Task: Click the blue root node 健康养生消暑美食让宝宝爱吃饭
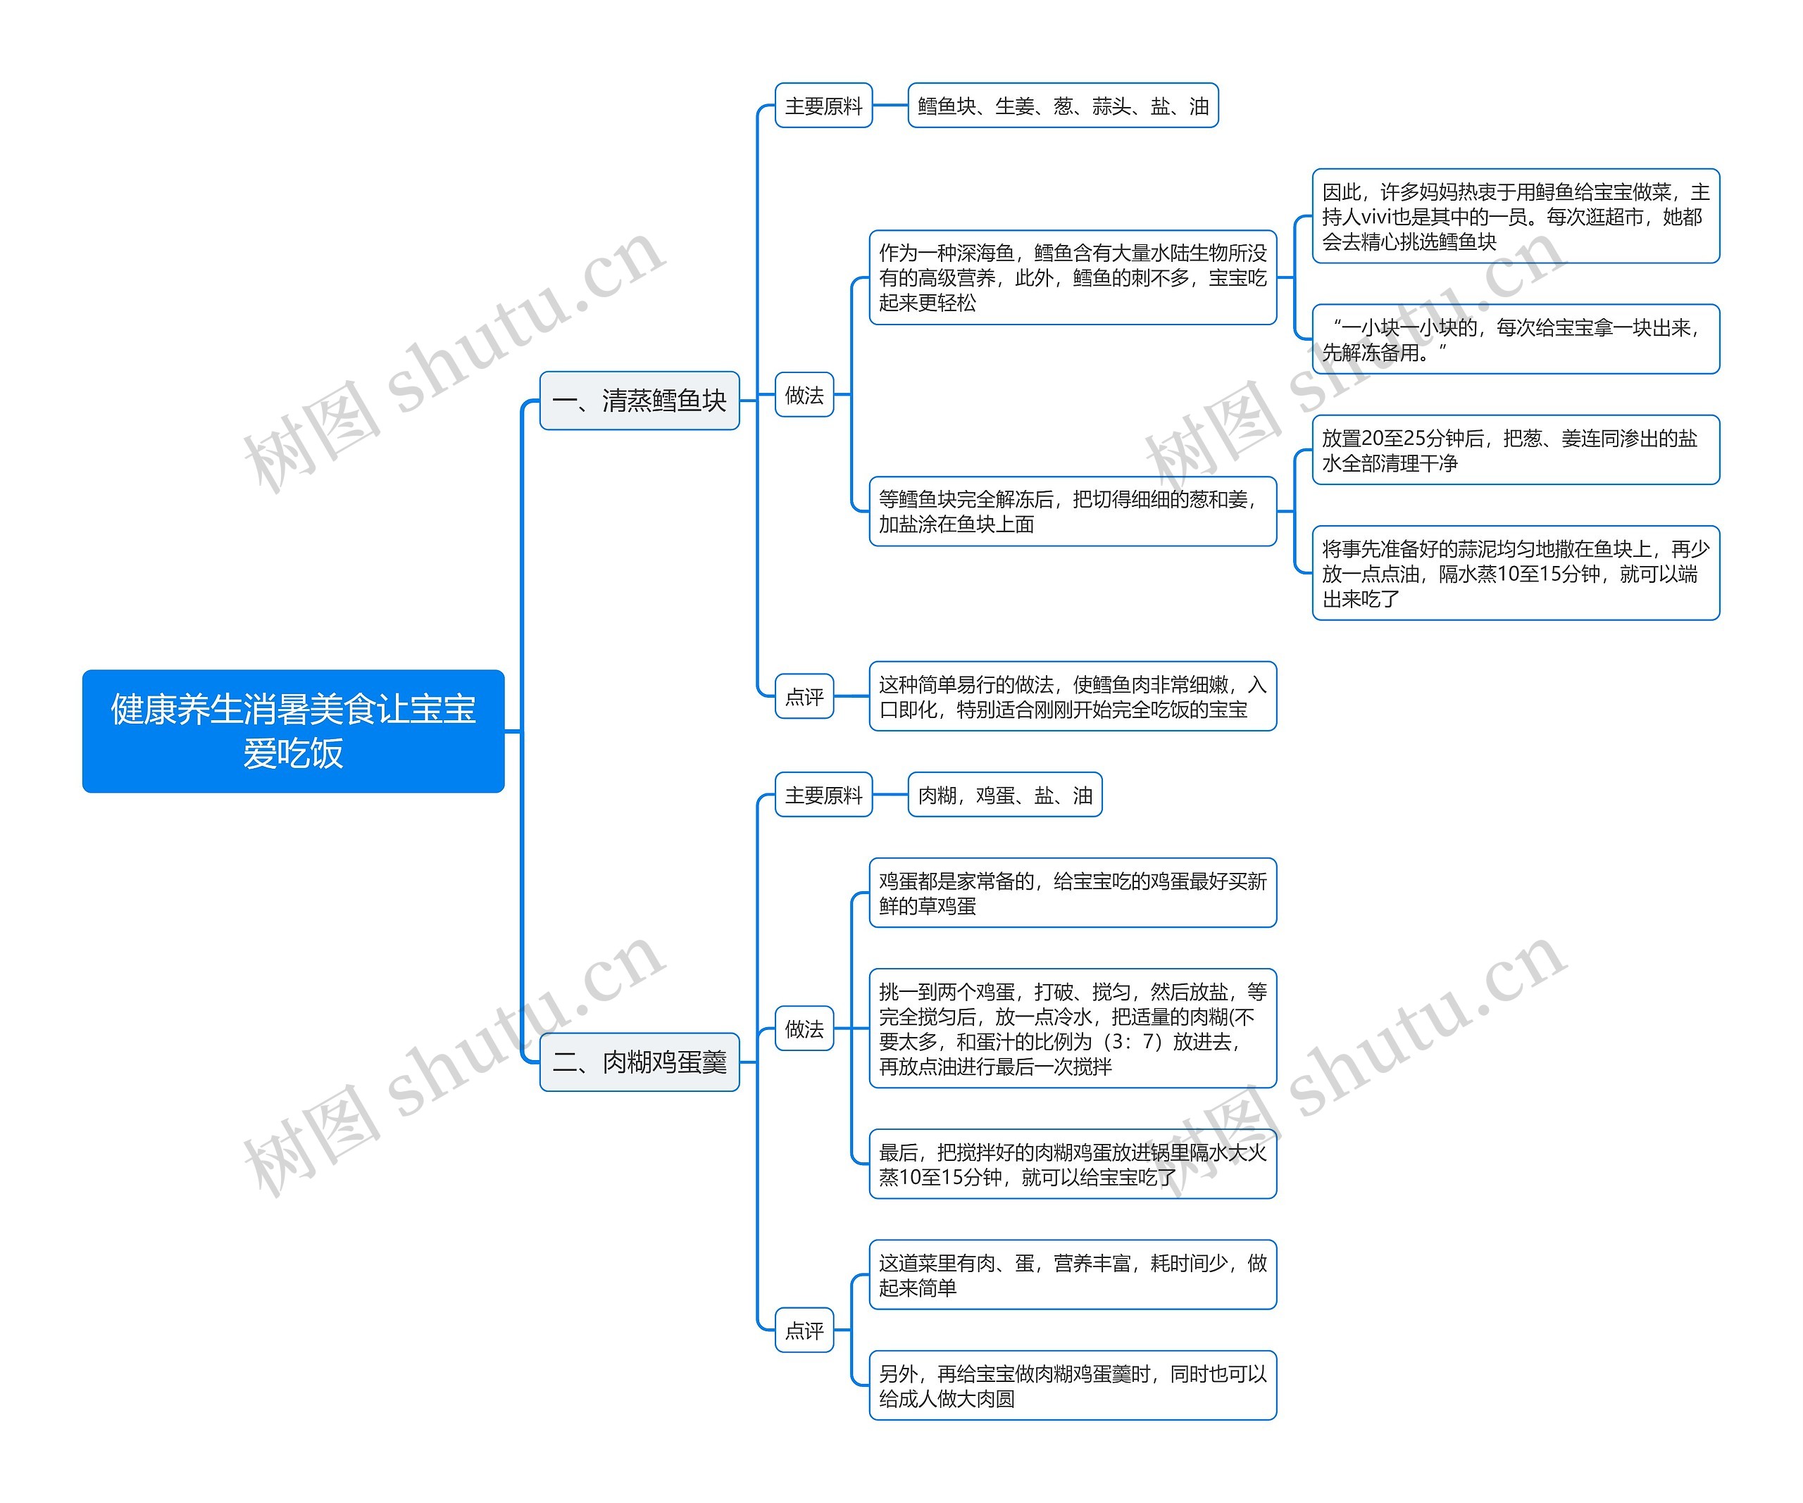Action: pos(293,731)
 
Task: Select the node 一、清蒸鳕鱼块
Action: pos(639,400)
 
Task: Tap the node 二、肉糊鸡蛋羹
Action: pos(639,1062)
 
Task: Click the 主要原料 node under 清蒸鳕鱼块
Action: pos(823,106)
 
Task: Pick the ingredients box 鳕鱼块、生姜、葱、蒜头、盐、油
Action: pos(1062,106)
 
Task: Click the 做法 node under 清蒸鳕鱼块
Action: pos(804,395)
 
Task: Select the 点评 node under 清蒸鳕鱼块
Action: pos(804,696)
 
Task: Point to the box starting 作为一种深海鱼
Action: pos(1073,277)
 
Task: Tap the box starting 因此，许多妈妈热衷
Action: pos(1516,216)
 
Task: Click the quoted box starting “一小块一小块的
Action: pos(1516,339)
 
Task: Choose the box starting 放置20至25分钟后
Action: pos(1516,450)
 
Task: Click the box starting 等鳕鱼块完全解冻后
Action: pos(1073,512)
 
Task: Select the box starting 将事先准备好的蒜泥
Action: pos(1516,572)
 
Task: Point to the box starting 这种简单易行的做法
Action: pos(1073,696)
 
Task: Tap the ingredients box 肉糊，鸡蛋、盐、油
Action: pos(1004,795)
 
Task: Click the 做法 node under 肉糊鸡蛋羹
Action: pos(804,1029)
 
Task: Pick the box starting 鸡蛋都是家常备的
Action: pos(1073,893)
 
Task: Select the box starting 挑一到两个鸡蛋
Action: pos(1073,1029)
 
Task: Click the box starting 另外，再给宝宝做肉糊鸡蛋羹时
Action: pos(1073,1385)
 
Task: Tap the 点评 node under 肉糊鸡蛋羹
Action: pos(804,1330)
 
